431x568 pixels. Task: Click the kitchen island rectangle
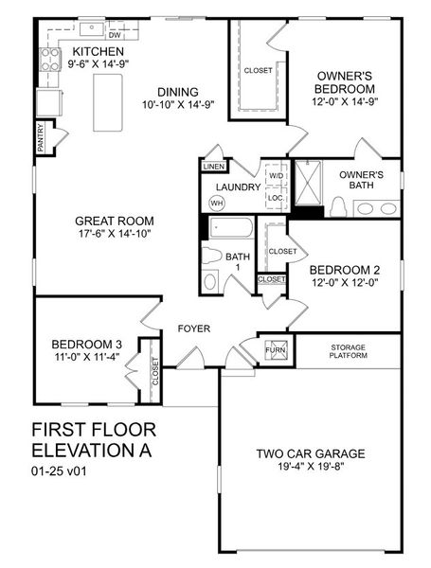coord(109,100)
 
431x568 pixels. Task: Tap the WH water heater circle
coord(217,204)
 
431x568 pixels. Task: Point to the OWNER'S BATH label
coord(361,181)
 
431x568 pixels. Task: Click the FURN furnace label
coord(276,349)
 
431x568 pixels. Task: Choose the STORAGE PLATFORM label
coord(348,351)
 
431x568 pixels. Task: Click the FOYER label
coord(193,328)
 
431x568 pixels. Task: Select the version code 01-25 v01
coord(62,470)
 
